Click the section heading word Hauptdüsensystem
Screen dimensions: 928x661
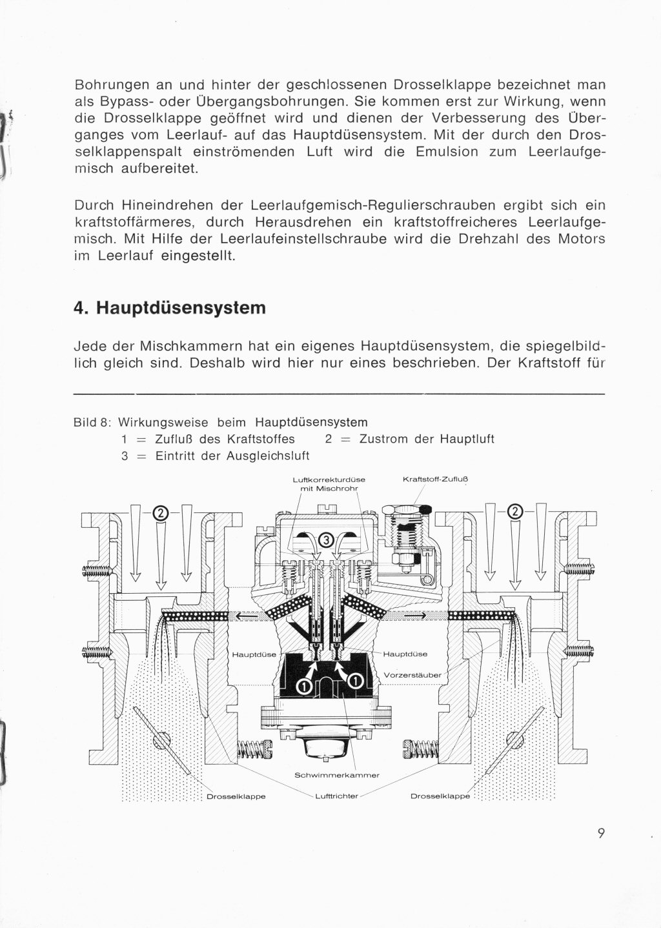click(x=181, y=308)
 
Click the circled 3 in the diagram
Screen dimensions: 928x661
click(x=326, y=540)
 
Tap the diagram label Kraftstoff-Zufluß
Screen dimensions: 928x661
click(x=434, y=479)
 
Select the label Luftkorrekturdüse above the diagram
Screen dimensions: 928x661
click(x=329, y=479)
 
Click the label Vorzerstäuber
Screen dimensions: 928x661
click(x=412, y=675)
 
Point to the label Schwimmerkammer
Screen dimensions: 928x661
click(x=336, y=774)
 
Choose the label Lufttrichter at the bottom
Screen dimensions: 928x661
click(x=336, y=796)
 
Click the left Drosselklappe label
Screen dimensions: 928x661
click(x=236, y=796)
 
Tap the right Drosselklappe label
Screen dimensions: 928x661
click(x=440, y=796)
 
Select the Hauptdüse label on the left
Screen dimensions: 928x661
click(x=254, y=654)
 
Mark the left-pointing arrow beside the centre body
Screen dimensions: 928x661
click(x=245, y=616)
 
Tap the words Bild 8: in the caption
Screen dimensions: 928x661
click(x=93, y=423)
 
